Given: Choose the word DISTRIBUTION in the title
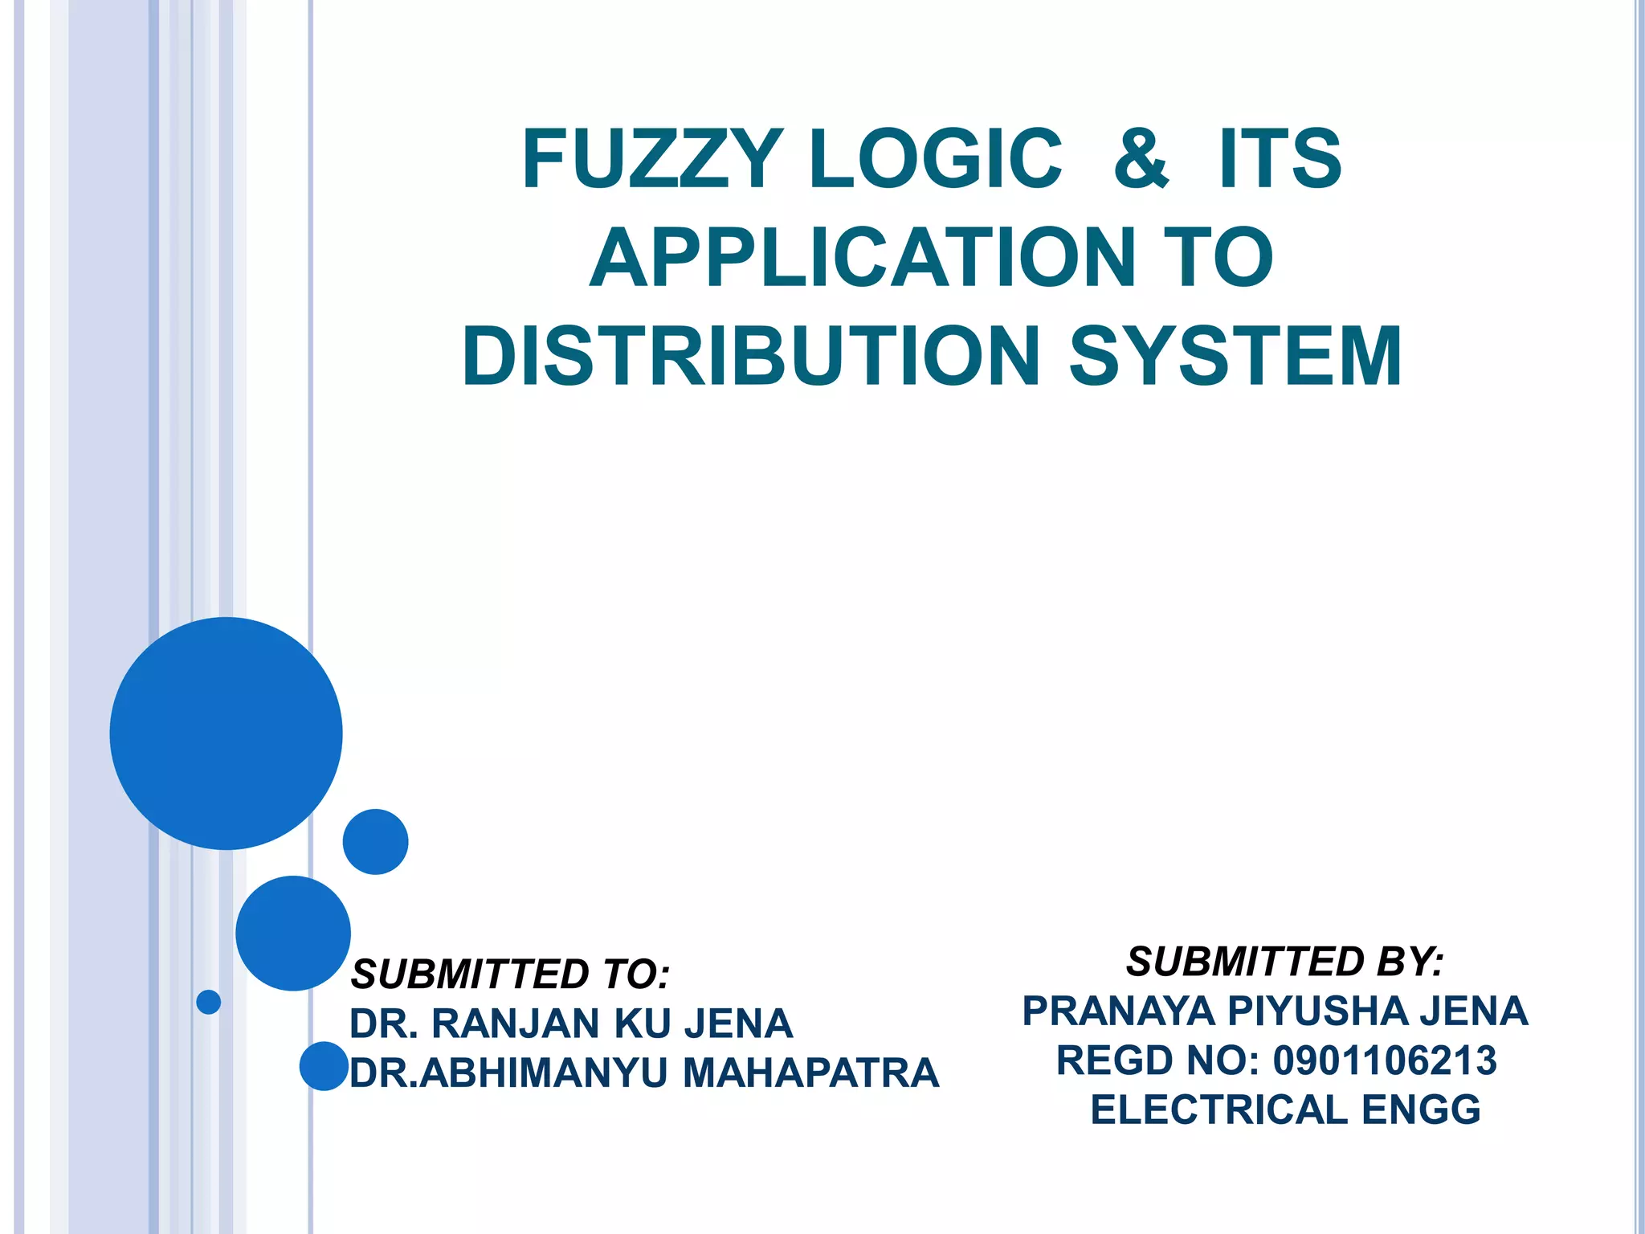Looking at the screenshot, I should tap(750, 356).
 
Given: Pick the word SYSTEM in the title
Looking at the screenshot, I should tap(1235, 356).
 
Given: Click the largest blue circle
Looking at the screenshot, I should tap(227, 733).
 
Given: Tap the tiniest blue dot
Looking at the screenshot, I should tap(209, 1002).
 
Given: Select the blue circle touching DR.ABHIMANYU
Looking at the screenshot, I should tap(324, 1066).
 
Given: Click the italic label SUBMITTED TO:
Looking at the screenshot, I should tap(511, 975).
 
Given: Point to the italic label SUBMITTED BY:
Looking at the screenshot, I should tap(1285, 962).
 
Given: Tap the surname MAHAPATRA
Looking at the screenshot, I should tap(810, 1073).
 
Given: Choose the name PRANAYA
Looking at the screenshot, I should tap(1118, 1011).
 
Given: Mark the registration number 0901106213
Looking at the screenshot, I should tap(1385, 1060).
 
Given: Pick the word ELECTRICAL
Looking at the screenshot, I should tap(1218, 1110).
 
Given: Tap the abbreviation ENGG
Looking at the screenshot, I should tap(1421, 1110).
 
